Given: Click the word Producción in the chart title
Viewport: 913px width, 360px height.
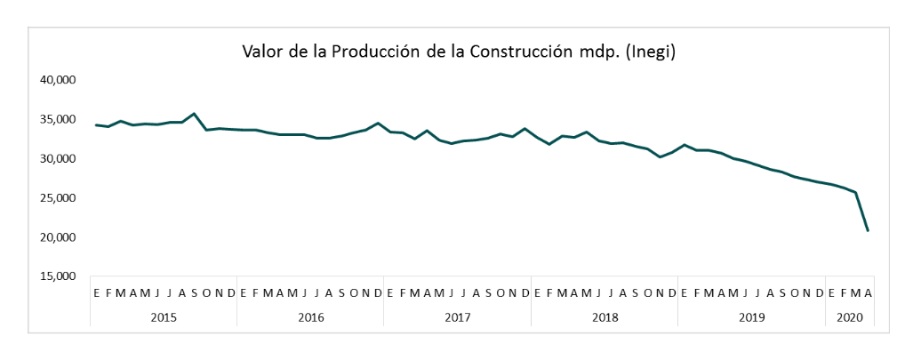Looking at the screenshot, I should (x=383, y=52).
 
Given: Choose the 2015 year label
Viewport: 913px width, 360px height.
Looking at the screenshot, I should (x=164, y=316).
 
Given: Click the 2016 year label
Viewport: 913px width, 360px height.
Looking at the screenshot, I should (x=310, y=316).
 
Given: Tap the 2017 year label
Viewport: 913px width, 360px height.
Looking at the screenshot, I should (x=457, y=316).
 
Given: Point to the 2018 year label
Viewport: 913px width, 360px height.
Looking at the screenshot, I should (x=605, y=316).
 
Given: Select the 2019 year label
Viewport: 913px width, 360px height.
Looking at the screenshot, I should (x=751, y=316).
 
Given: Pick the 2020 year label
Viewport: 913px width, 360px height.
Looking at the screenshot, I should (x=850, y=316).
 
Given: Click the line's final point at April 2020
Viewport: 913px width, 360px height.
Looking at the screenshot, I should (x=868, y=231).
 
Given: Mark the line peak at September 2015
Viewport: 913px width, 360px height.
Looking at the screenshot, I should (x=195, y=114).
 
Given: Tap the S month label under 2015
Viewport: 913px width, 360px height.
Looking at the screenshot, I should (x=195, y=293).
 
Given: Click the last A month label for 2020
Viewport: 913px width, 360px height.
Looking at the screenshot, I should (x=868, y=293).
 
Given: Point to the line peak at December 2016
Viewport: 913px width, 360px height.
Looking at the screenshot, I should (x=378, y=124).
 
